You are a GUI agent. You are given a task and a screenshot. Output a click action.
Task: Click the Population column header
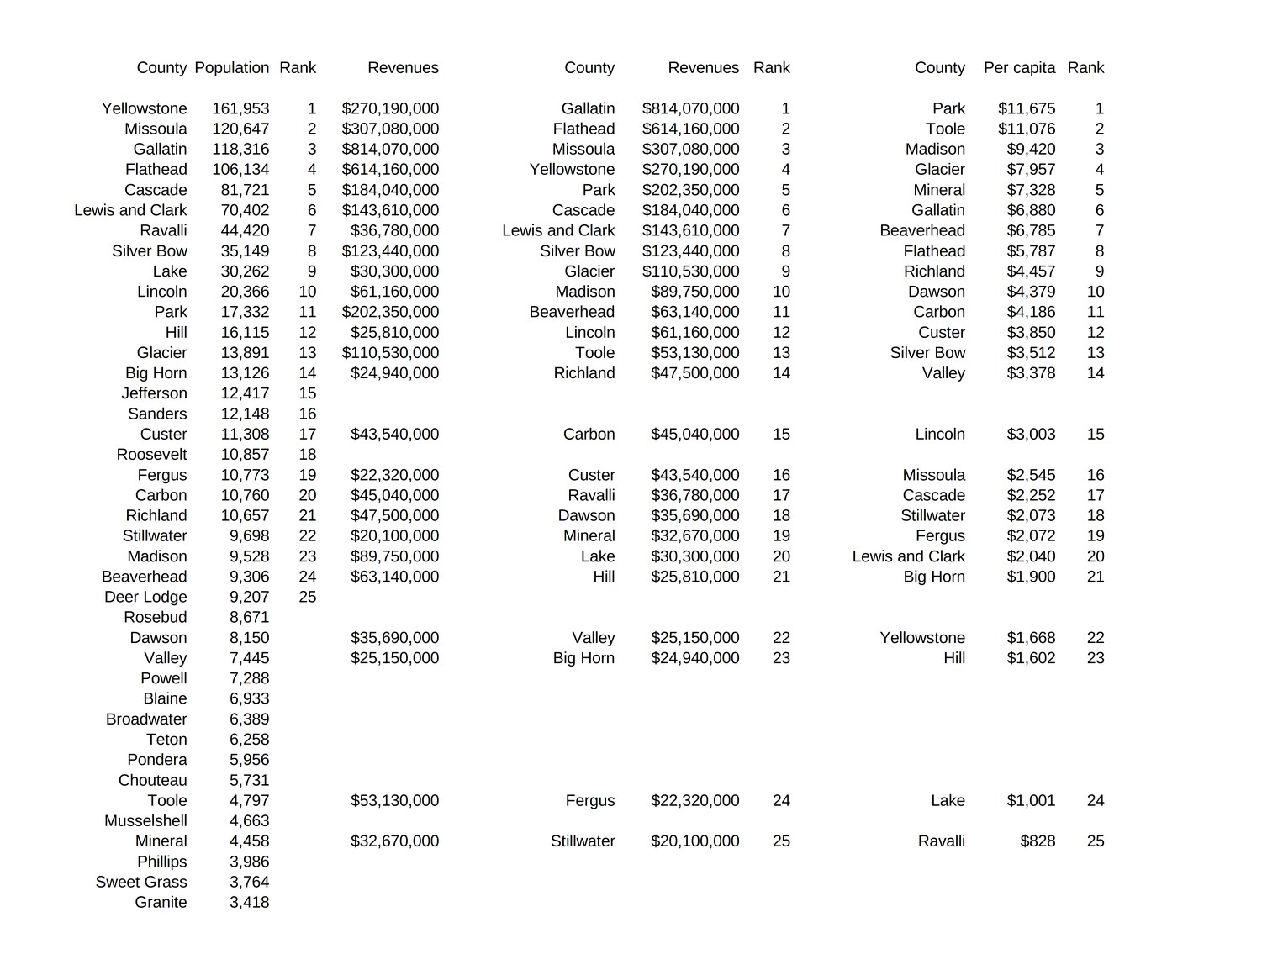(231, 68)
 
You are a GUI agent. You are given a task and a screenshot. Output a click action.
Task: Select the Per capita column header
(1019, 68)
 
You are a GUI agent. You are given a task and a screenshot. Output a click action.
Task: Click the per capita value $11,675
(1027, 109)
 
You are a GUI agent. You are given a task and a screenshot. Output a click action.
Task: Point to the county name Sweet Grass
(141, 883)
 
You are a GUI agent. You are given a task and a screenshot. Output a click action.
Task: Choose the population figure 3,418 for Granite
(249, 903)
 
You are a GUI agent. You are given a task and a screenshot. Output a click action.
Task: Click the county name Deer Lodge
(145, 598)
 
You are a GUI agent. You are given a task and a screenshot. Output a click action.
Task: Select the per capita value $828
(1038, 841)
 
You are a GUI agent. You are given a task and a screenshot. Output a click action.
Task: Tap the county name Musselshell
(145, 821)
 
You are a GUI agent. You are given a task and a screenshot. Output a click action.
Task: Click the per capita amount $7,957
(1031, 170)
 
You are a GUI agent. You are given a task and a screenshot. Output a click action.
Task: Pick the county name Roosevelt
(151, 455)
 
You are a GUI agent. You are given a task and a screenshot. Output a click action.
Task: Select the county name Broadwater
(146, 719)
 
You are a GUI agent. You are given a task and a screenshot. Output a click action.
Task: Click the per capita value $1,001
(1031, 801)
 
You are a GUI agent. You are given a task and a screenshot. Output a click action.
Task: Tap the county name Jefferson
(154, 394)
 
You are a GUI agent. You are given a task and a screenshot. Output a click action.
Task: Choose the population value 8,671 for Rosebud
(249, 618)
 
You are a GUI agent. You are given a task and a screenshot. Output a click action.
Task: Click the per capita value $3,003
(1031, 435)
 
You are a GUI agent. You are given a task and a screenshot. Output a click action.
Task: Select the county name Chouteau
(152, 781)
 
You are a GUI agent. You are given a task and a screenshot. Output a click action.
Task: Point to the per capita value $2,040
(1031, 556)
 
